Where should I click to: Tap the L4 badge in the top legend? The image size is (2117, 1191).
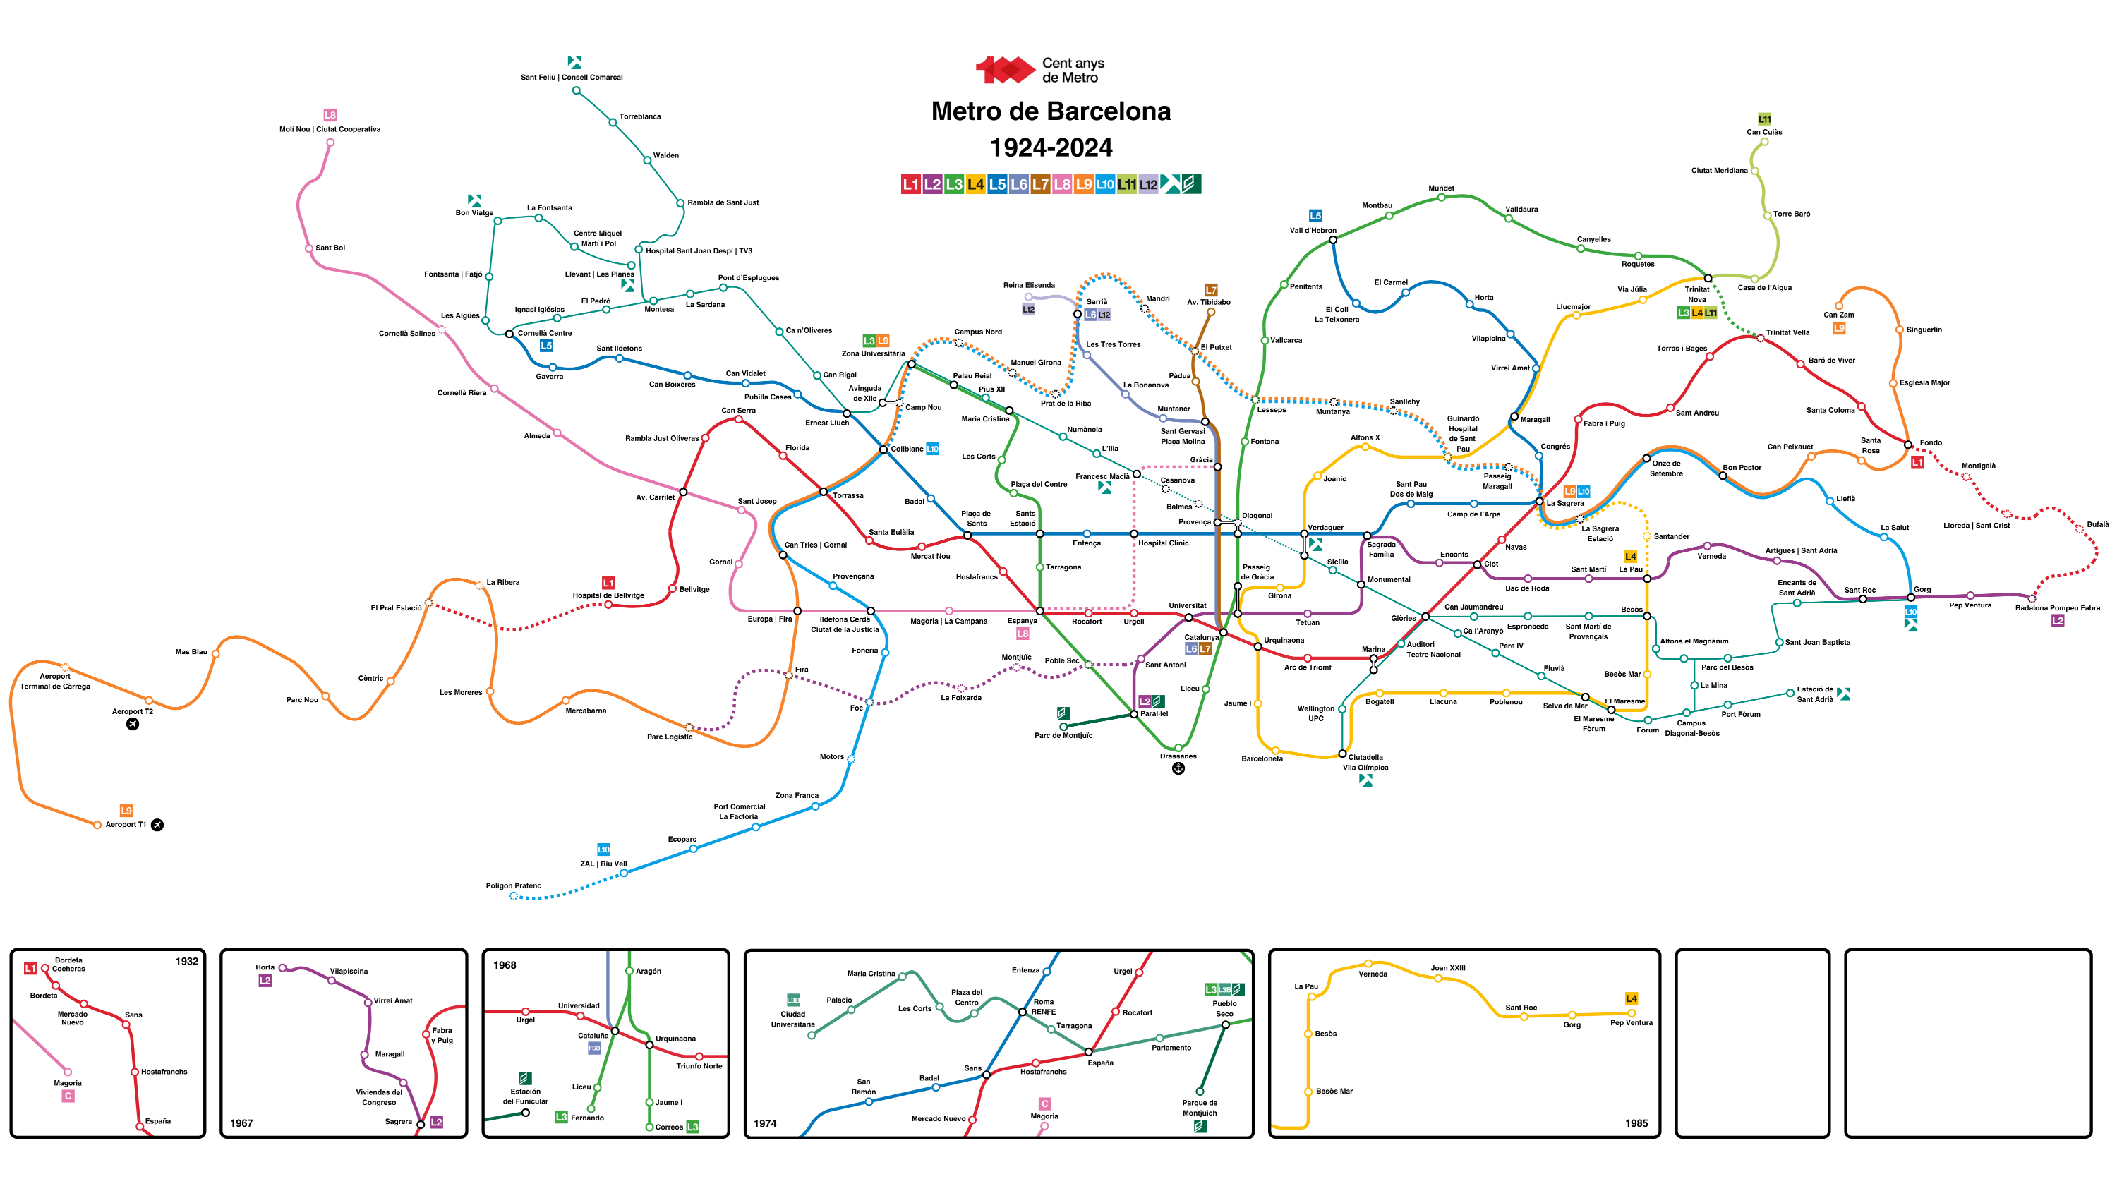[975, 184]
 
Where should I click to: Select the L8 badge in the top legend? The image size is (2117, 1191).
[1062, 184]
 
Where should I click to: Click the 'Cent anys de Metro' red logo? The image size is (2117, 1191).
[1004, 70]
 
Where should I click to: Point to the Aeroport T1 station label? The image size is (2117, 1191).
[126, 824]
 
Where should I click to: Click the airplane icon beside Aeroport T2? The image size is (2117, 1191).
[133, 724]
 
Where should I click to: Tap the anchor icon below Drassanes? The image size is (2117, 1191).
[1178, 768]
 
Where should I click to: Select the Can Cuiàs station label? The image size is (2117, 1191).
[1763, 131]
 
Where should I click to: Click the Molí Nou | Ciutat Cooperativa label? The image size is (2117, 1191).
[330, 129]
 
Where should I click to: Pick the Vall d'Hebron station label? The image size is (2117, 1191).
[1313, 230]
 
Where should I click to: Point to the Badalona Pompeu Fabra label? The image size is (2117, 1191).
[2057, 608]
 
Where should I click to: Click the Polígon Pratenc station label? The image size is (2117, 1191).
[513, 885]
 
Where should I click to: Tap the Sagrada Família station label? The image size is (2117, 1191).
[1381, 549]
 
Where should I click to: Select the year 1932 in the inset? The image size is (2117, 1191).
[186, 961]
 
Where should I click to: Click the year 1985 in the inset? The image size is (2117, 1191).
[1636, 1123]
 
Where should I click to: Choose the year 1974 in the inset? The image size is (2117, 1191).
[764, 1123]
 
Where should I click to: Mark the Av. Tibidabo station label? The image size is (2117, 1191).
[1208, 302]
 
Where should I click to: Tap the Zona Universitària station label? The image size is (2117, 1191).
[873, 353]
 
